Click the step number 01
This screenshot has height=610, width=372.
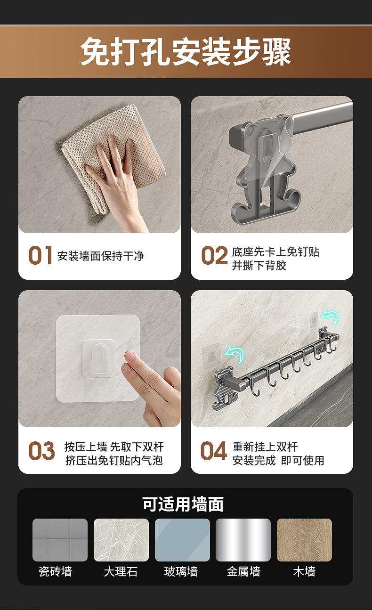pyautogui.click(x=40, y=255)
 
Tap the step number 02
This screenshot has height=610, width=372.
pyautogui.click(x=214, y=255)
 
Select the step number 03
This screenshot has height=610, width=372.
pyautogui.click(x=41, y=451)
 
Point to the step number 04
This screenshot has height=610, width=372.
pyautogui.click(x=213, y=451)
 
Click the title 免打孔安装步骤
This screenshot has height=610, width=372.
pyautogui.click(x=186, y=51)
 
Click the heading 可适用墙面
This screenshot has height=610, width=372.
pyautogui.click(x=183, y=504)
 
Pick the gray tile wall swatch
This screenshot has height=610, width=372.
pyautogui.click(x=60, y=540)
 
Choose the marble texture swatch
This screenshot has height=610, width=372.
pyautogui.click(x=121, y=540)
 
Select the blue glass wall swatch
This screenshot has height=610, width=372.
pyautogui.click(x=182, y=540)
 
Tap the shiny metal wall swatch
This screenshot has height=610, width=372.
pyautogui.click(x=243, y=540)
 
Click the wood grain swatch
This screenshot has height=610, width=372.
pyautogui.click(x=304, y=540)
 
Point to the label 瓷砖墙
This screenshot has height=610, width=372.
pyautogui.click(x=55, y=571)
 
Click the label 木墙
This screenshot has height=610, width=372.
pyautogui.click(x=304, y=571)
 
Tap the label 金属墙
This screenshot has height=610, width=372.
pyautogui.click(x=243, y=571)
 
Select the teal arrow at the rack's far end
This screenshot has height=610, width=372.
pyautogui.click(x=330, y=317)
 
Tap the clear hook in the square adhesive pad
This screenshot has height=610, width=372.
pyautogui.click(x=98, y=358)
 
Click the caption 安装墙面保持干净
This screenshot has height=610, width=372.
pyautogui.click(x=100, y=256)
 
